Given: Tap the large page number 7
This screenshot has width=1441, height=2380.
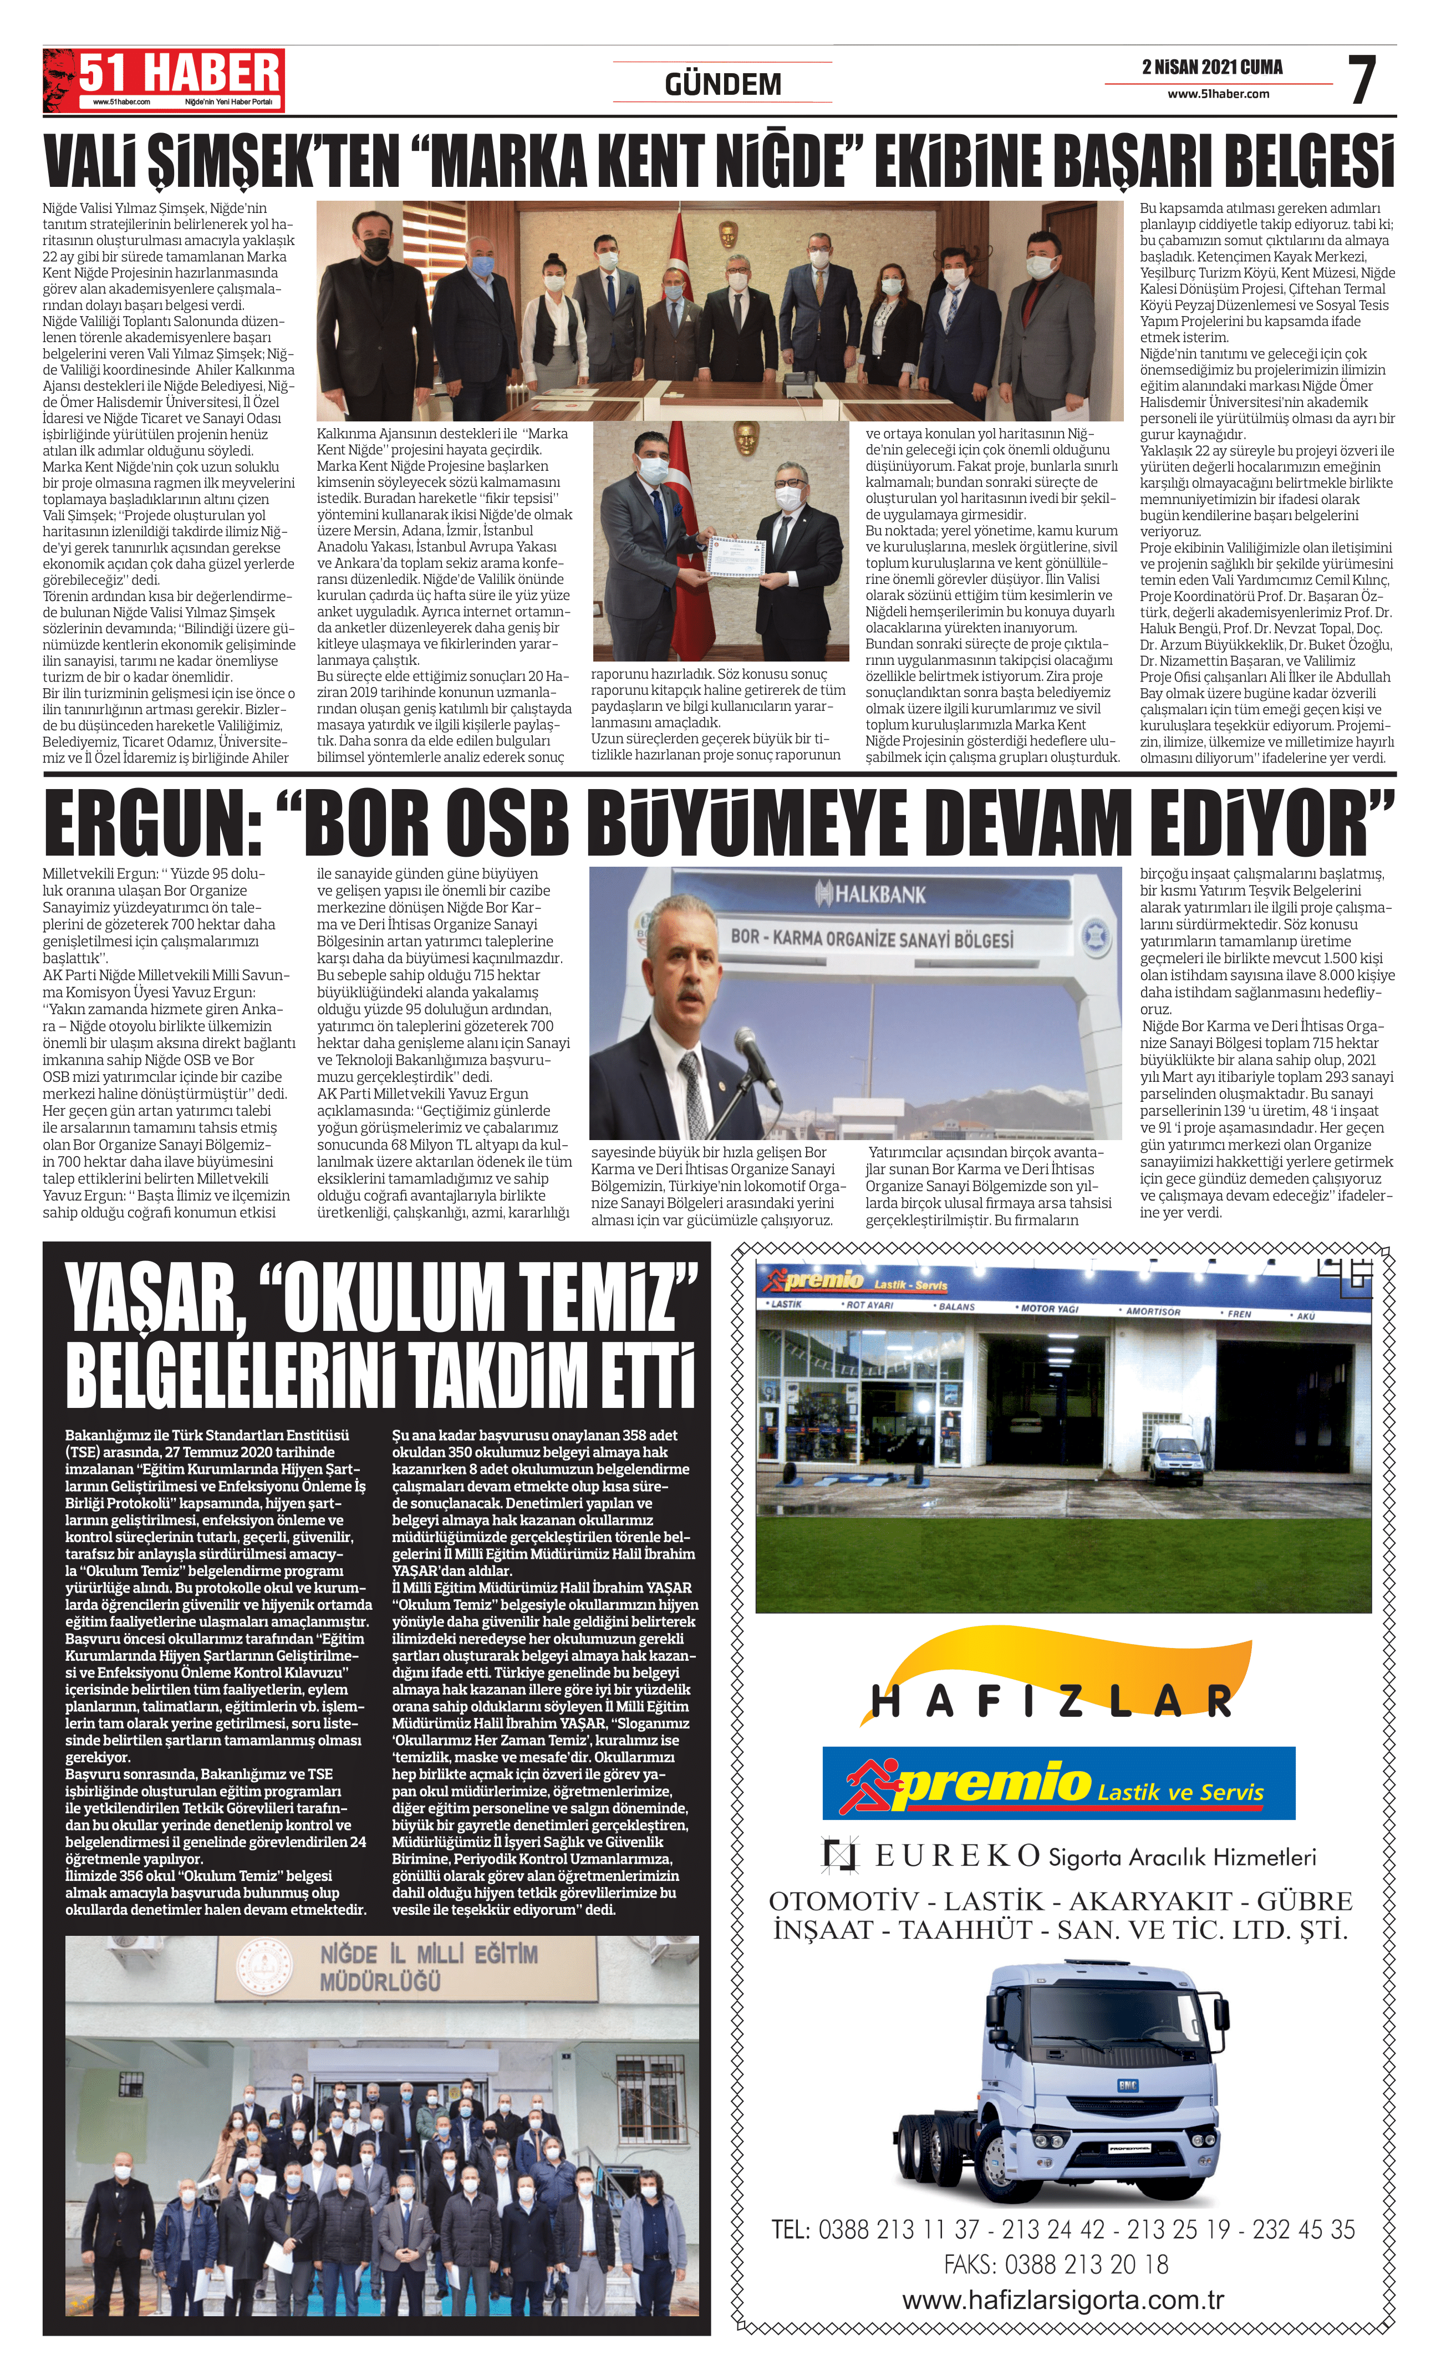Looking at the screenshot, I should [x=1362, y=81].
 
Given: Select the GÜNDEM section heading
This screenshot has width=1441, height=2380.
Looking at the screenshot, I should [x=722, y=85].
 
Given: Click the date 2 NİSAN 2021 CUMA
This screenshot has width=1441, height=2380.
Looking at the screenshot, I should [x=1212, y=68].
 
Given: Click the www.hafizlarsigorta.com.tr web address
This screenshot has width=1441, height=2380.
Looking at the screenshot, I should [x=1062, y=2300].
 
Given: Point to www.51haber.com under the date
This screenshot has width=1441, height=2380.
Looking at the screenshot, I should [x=1218, y=94].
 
